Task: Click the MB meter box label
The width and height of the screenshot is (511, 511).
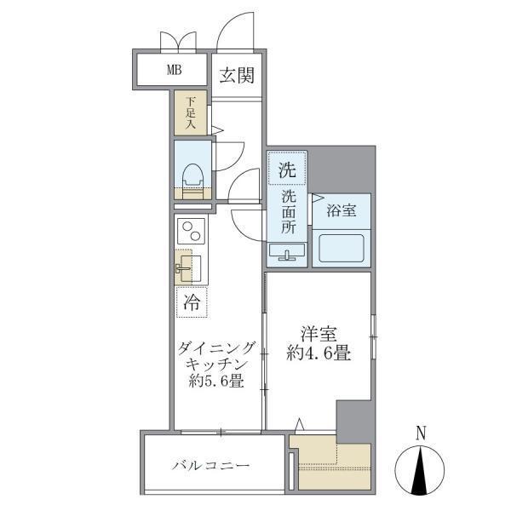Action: click(x=173, y=70)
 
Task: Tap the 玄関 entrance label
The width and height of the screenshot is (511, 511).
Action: click(x=238, y=76)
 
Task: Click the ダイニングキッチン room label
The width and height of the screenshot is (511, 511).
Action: click(x=216, y=356)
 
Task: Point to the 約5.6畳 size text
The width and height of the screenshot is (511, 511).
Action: click(x=216, y=382)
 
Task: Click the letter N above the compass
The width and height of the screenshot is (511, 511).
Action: click(x=422, y=433)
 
